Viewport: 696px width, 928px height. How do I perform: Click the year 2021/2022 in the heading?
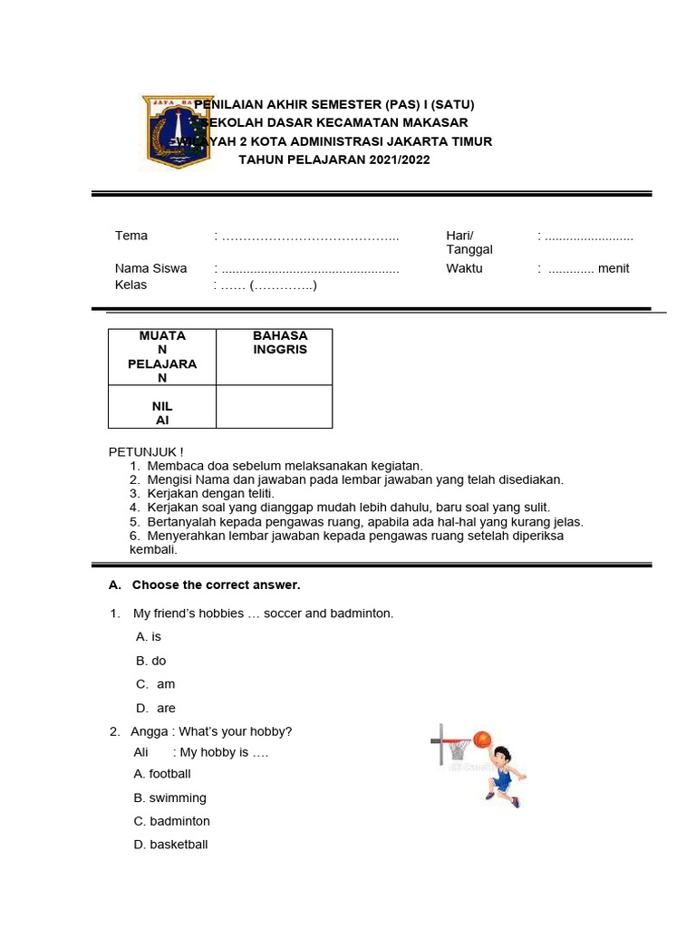pyautogui.click(x=399, y=160)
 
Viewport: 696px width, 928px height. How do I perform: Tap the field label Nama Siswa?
pyautogui.click(x=150, y=268)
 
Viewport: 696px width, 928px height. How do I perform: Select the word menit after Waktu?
pyautogui.click(x=614, y=268)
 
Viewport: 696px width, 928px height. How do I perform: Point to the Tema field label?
pyautogui.click(x=130, y=236)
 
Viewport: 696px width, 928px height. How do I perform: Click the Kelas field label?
pyautogui.click(x=130, y=285)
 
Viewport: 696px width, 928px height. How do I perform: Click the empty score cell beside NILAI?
pyautogui.click(x=274, y=406)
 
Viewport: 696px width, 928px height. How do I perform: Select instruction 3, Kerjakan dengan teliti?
pyautogui.click(x=209, y=493)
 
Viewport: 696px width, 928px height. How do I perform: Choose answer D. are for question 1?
pyautogui.click(x=156, y=708)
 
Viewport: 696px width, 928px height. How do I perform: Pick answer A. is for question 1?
pyautogui.click(x=149, y=637)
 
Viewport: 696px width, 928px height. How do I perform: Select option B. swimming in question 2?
pyautogui.click(x=169, y=797)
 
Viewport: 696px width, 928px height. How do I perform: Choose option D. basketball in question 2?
pyautogui.click(x=170, y=845)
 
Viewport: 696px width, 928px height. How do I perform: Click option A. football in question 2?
pyautogui.click(x=162, y=774)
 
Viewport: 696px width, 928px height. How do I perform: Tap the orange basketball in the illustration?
pyautogui.click(x=481, y=739)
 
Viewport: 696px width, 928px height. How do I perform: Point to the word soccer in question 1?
pyautogui.click(x=282, y=614)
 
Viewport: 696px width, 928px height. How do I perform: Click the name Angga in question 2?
pyautogui.click(x=150, y=731)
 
